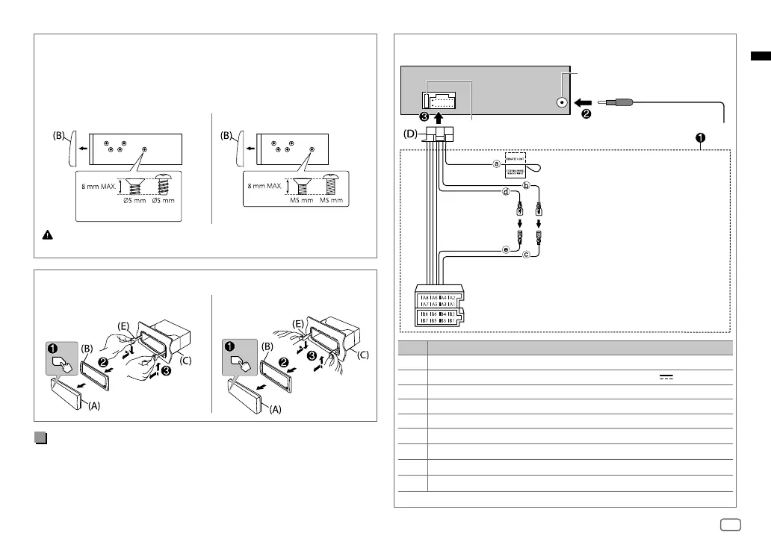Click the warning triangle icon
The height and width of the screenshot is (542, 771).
tap(46, 234)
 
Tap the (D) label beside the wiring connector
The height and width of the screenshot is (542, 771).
tap(412, 137)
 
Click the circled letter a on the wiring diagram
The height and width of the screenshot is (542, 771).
tap(495, 165)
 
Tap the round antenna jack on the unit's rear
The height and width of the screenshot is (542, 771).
tap(561, 105)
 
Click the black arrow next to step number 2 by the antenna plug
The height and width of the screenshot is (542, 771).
tap(584, 104)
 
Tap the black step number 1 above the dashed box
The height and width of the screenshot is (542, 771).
tap(700, 138)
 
